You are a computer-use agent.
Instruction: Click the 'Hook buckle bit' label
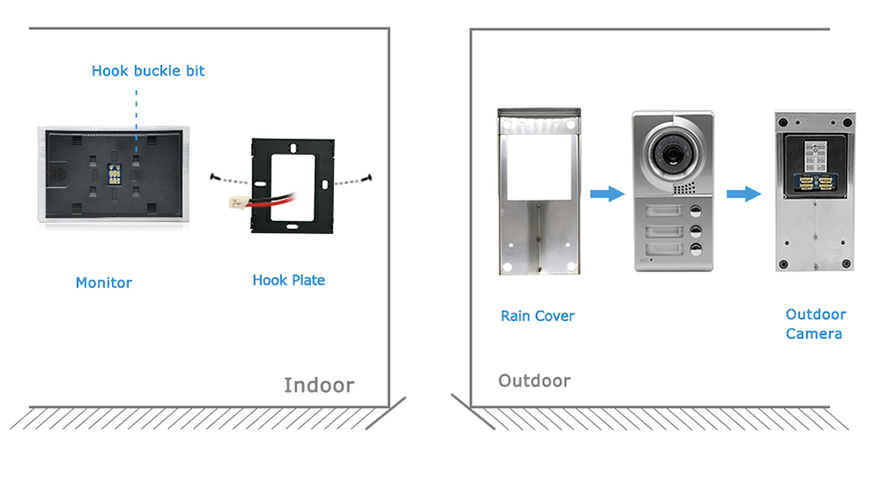pyautogui.click(x=148, y=71)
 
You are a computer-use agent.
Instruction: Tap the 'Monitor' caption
pyautogui.click(x=104, y=283)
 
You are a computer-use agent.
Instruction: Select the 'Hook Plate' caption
pyautogui.click(x=288, y=280)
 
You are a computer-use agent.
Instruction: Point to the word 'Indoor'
pyautogui.click(x=318, y=384)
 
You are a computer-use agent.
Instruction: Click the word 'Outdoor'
pyautogui.click(x=534, y=380)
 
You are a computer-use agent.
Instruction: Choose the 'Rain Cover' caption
pyautogui.click(x=537, y=316)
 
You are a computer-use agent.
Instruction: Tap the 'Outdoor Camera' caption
pyautogui.click(x=815, y=324)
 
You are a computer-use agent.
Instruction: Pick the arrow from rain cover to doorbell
pyautogui.click(x=607, y=194)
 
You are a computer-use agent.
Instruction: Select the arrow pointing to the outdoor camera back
pyautogui.click(x=743, y=194)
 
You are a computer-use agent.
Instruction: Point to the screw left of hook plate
pyautogui.click(x=213, y=177)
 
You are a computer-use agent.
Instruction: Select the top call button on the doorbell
pyautogui.click(x=695, y=210)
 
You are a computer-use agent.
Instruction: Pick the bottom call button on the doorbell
pyautogui.click(x=695, y=249)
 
